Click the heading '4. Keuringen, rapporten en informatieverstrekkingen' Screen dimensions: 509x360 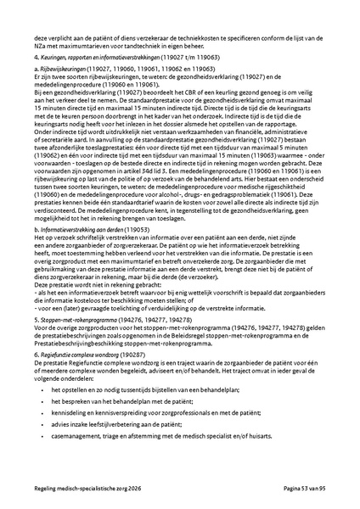[x=102, y=53]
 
